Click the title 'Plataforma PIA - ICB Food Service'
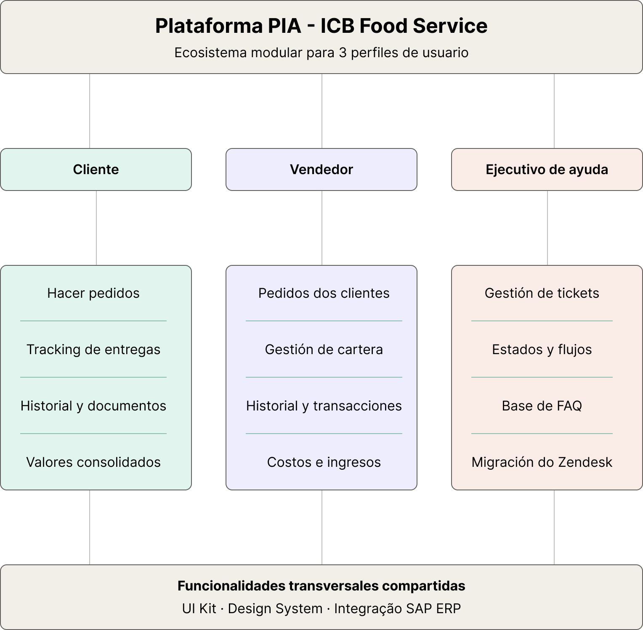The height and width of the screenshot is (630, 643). [x=321, y=26]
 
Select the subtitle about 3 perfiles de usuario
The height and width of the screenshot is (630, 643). [x=321, y=53]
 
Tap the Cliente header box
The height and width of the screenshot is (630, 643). [x=96, y=169]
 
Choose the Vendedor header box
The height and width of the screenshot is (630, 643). [x=321, y=169]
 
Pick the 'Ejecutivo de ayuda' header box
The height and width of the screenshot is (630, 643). [x=547, y=169]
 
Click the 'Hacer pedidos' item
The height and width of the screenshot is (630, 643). [x=93, y=293]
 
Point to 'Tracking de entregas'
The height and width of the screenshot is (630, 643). [x=93, y=349]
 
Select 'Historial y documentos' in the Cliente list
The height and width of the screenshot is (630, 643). [x=93, y=406]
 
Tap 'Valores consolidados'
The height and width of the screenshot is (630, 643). [x=93, y=462]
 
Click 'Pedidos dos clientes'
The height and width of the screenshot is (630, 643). [x=324, y=293]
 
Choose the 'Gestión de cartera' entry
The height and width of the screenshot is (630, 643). [x=324, y=349]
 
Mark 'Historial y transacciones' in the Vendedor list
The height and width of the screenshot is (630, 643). [x=324, y=406]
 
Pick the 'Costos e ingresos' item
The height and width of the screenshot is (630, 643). [x=324, y=462]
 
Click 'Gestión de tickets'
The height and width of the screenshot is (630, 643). [x=542, y=293]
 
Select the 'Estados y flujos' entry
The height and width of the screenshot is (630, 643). [x=542, y=349]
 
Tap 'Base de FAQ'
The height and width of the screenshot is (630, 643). [x=542, y=406]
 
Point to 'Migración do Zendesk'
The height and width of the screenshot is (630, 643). [x=542, y=462]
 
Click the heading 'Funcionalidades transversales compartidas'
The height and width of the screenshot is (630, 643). [x=321, y=586]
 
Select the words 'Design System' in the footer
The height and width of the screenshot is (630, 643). [x=275, y=609]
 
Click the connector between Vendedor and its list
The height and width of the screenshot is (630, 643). [x=322, y=228]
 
